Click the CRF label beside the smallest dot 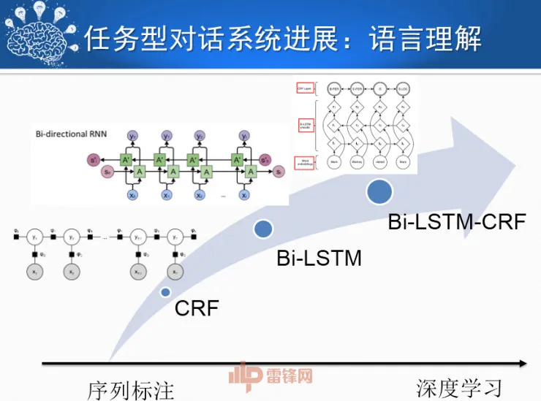tap(197, 308)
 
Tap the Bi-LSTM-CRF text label tap(456, 221)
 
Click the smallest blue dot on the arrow tap(166, 292)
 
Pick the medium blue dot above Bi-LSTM tap(263, 229)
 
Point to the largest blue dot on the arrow tap(379, 191)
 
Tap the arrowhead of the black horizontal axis tap(521, 363)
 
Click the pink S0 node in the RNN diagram tap(107, 172)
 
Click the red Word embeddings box tap(305, 163)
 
